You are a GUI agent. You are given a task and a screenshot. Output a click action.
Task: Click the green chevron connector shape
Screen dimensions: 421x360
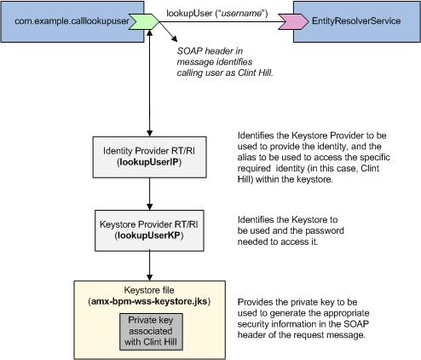144,21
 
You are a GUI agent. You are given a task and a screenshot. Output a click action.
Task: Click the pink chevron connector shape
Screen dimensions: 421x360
293,21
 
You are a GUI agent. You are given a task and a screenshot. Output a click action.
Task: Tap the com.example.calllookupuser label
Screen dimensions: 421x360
72,21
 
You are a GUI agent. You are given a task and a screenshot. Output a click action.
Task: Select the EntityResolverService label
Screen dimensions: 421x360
356,20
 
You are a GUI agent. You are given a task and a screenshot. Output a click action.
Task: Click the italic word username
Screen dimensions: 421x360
241,14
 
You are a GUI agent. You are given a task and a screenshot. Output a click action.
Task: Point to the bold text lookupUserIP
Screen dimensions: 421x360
149,162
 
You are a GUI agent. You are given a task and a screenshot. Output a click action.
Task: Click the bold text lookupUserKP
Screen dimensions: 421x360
149,235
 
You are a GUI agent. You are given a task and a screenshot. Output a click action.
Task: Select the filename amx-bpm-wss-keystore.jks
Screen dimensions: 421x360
149,301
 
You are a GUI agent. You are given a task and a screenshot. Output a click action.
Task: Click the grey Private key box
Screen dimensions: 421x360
151,332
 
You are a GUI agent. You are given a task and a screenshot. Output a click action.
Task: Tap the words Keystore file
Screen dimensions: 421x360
149,290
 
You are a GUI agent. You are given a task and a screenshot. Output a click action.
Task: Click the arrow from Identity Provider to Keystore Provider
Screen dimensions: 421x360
149,195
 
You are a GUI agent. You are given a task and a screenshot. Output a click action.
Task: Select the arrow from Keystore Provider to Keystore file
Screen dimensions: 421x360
149,266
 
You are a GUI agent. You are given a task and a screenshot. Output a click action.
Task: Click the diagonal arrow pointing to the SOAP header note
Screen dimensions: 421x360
169,32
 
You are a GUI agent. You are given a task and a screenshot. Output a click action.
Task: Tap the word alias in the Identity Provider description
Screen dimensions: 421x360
246,157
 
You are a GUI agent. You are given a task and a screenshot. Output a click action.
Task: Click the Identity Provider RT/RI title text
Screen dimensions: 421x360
149,151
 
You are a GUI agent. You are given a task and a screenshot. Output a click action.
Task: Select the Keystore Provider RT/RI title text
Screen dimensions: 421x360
149,224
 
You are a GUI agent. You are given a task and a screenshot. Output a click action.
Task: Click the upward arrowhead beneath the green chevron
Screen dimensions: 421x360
149,32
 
